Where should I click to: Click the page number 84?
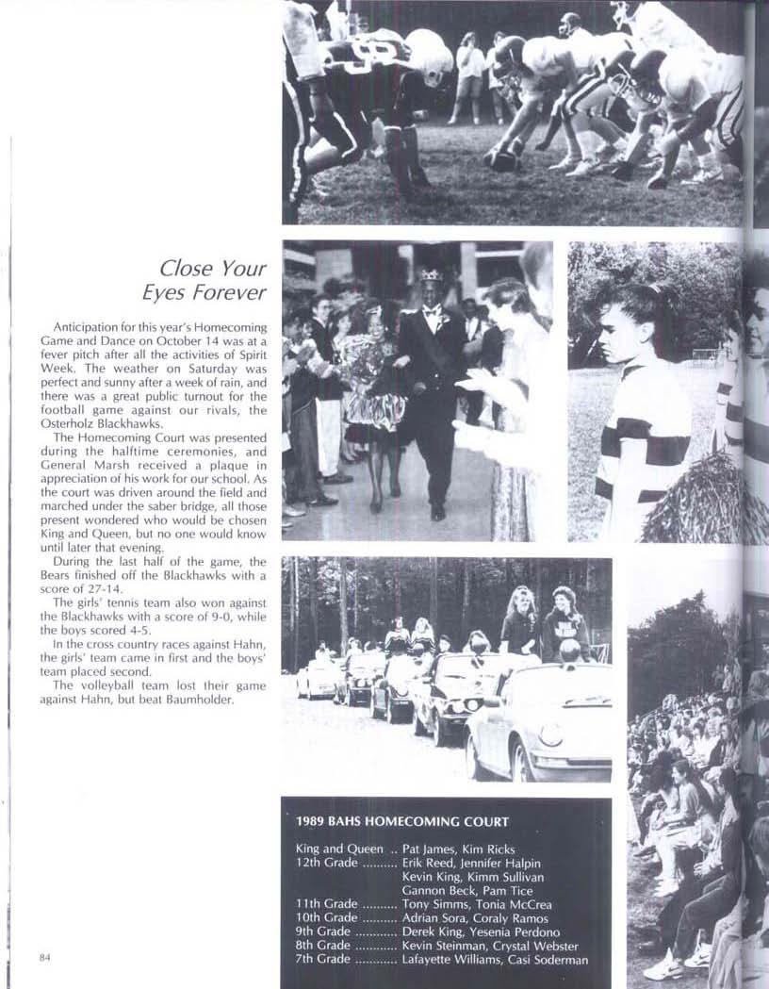pos(44,958)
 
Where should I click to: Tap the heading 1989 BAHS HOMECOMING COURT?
pos(402,821)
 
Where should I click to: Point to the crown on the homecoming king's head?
pos(432,274)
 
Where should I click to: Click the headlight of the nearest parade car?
pos(549,734)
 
